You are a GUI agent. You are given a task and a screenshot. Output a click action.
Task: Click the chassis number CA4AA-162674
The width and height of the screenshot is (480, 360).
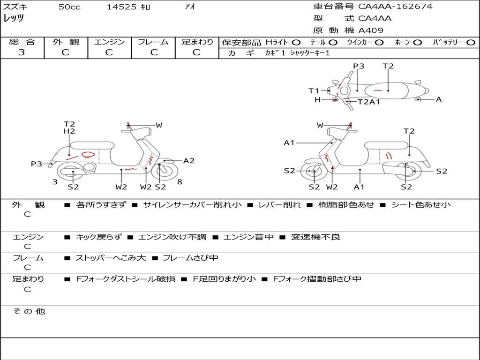coord(395,7)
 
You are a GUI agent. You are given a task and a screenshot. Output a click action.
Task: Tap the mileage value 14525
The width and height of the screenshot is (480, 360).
coord(121,7)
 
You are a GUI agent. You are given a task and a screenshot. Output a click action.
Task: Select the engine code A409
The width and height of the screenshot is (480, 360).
coord(371,30)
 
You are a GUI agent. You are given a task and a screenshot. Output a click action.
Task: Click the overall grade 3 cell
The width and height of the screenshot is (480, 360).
coord(22,52)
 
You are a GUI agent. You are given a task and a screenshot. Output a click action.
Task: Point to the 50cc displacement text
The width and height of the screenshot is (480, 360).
coord(68,7)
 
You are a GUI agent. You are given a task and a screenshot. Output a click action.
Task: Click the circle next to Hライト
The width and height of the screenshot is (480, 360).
coord(296,42)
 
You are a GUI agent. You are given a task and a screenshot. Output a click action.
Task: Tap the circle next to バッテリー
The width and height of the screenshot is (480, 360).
coord(471,42)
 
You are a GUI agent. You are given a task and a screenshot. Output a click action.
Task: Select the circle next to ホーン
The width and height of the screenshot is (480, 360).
coord(417,42)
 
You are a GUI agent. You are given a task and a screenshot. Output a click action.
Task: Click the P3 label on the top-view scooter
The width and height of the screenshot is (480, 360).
coord(359,66)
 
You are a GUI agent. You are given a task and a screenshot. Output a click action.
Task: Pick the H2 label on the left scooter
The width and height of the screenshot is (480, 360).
coord(69,132)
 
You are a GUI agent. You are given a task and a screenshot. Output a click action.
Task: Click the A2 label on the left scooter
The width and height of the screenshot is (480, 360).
coord(189,161)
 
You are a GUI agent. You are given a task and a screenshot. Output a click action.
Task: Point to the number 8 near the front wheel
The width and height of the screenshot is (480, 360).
coord(180,182)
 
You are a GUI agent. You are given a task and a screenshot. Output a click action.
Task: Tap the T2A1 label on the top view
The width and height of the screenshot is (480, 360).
coord(369,102)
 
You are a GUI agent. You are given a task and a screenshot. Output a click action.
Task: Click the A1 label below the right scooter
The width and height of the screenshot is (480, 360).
coord(360,187)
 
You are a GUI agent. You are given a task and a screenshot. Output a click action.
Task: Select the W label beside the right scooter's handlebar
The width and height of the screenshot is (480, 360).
coord(320,125)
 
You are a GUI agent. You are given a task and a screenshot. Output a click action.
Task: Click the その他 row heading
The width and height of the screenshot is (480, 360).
coord(29,311)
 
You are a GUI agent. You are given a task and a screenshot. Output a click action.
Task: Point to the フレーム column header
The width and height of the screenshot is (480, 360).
coord(153,42)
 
